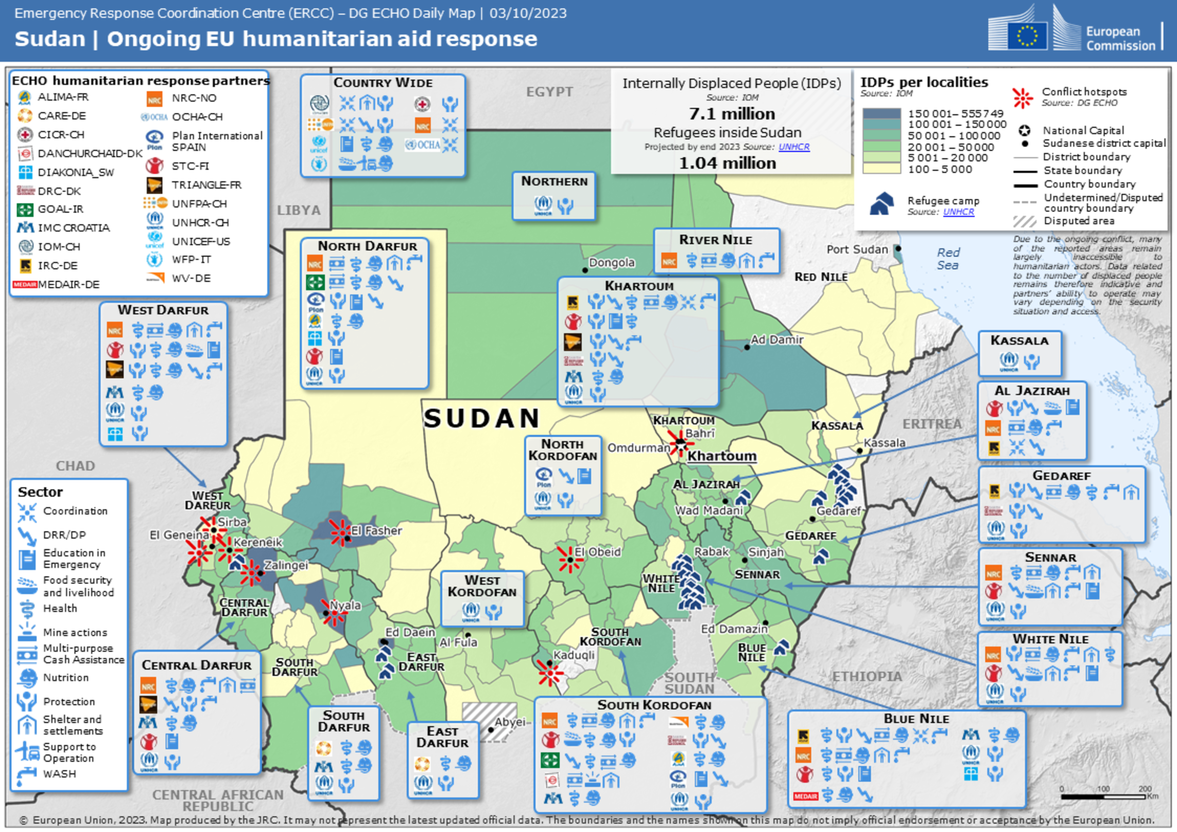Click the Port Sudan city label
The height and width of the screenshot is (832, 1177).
(857, 249)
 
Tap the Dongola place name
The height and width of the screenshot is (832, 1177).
(611, 263)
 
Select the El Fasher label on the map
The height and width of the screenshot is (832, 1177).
(376, 530)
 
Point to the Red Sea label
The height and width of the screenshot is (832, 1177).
(947, 258)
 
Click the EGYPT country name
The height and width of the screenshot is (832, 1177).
(549, 92)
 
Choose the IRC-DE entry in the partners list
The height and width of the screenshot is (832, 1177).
(57, 266)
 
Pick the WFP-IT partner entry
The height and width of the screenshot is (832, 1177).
(191, 259)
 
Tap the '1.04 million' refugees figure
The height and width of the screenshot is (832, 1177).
(727, 163)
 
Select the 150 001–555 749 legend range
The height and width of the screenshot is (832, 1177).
(955, 113)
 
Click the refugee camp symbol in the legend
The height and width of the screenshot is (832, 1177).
(881, 203)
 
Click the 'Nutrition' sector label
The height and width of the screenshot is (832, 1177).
(65, 678)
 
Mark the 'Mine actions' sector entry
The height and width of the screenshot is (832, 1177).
(75, 632)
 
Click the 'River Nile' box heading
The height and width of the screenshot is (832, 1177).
(715, 240)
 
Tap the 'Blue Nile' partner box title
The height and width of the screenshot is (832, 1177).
(916, 719)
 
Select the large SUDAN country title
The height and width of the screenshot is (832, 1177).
(481, 418)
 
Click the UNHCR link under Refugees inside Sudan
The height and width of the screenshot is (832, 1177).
(793, 147)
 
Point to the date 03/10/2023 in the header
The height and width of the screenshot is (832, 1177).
(528, 13)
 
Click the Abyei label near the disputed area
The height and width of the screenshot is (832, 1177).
(509, 722)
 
